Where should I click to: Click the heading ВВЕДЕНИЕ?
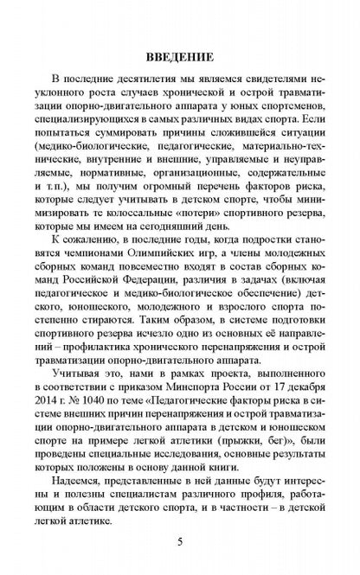click(x=180, y=57)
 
